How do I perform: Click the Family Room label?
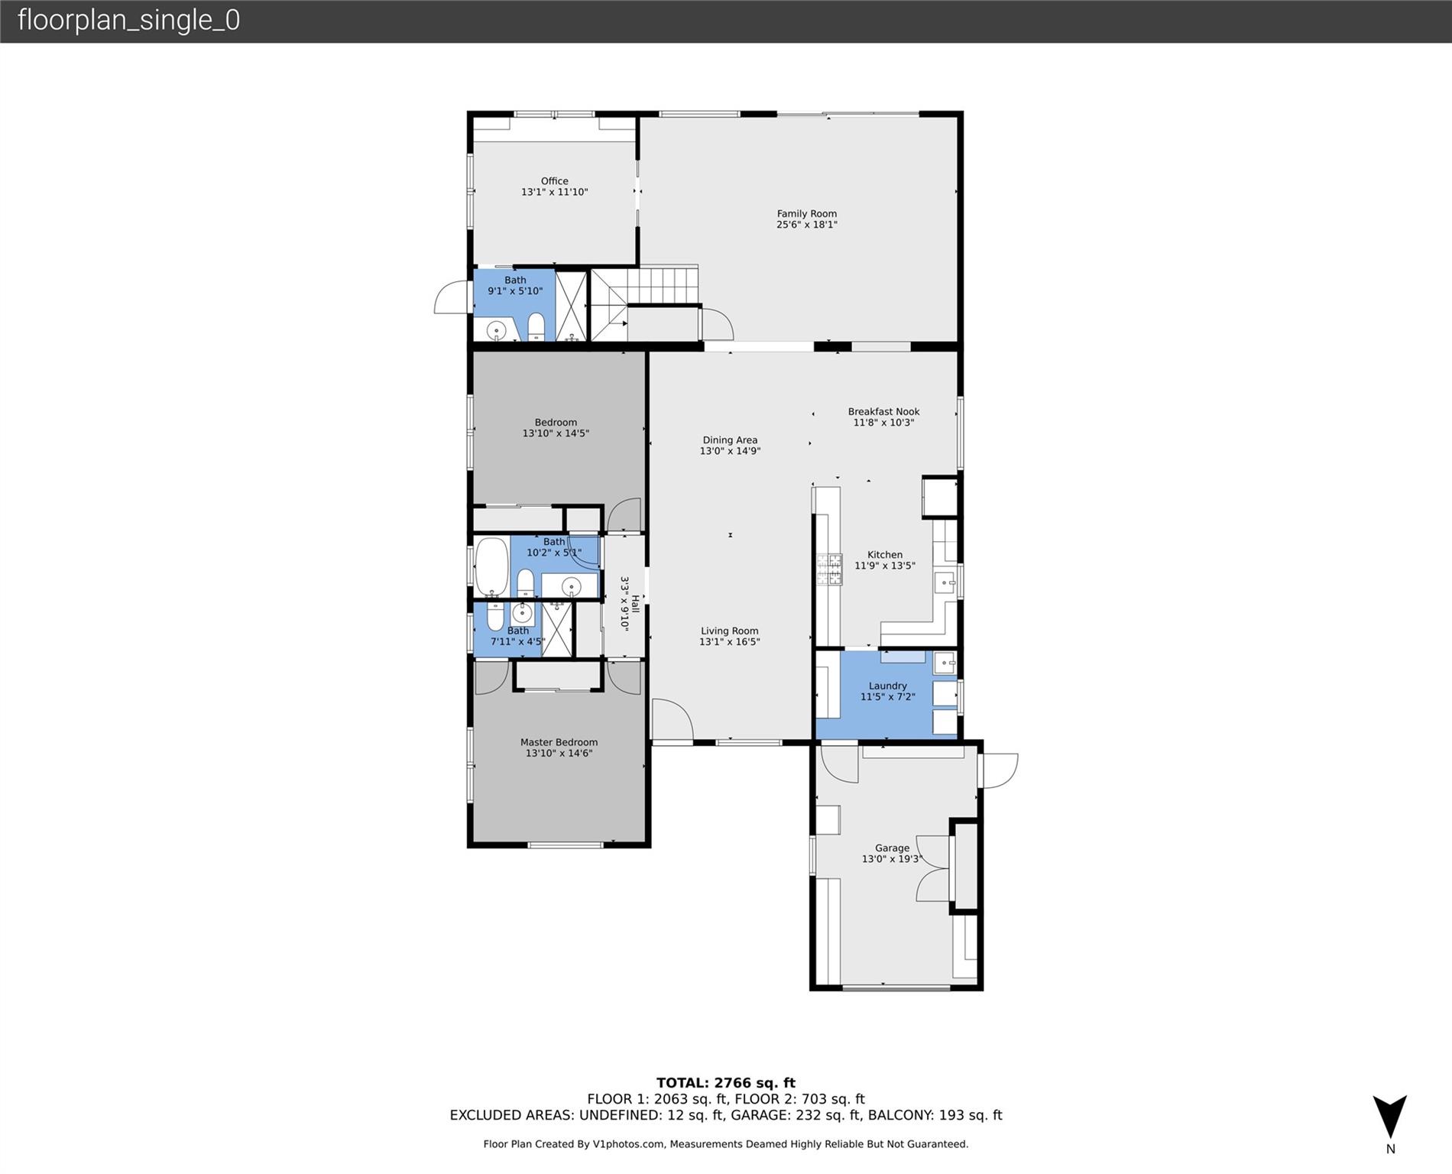807,214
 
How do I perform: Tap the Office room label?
555,181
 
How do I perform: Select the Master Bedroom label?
559,742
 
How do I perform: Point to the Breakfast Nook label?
884,411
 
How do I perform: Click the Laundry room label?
888,686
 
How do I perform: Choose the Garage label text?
893,848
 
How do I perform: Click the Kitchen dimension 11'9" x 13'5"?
885,566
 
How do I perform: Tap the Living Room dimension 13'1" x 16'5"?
730,642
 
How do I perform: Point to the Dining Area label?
731,440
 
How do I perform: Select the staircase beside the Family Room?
645,303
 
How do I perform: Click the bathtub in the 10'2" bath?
491,566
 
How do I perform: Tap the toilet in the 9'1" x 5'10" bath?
536,327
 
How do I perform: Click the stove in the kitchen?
830,569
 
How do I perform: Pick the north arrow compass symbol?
1390,1117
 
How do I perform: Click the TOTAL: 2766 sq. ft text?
726,1083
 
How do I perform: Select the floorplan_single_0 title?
128,20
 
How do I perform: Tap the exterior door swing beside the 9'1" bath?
452,297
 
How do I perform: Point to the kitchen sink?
945,583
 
